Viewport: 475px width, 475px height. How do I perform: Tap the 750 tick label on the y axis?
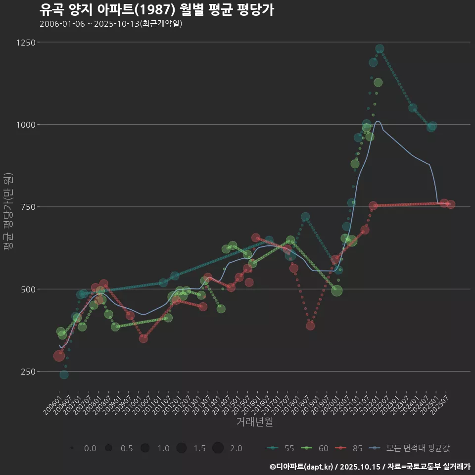click(x=29, y=207)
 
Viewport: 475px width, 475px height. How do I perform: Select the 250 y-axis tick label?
click(x=29, y=371)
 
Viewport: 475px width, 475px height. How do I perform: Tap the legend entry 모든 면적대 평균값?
click(x=411, y=448)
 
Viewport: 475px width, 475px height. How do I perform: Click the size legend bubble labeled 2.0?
click(x=218, y=448)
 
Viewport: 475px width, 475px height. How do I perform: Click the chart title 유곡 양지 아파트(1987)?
click(x=156, y=10)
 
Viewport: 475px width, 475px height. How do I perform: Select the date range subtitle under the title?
click(x=111, y=24)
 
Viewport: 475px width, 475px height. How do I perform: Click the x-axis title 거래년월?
click(x=255, y=422)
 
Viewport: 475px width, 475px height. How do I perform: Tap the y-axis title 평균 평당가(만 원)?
click(x=8, y=213)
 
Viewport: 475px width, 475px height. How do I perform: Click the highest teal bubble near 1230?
click(x=380, y=49)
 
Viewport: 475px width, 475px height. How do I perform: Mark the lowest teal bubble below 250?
click(x=64, y=375)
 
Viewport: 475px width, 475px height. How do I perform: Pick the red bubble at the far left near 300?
click(x=59, y=356)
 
